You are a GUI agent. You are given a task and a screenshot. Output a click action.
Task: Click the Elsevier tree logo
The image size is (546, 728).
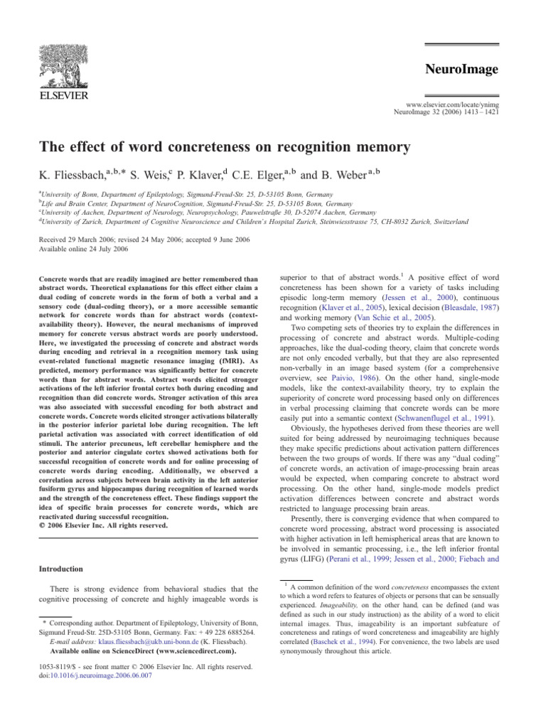click(59, 57)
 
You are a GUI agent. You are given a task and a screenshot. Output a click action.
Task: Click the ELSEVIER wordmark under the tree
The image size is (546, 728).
click(59, 95)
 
